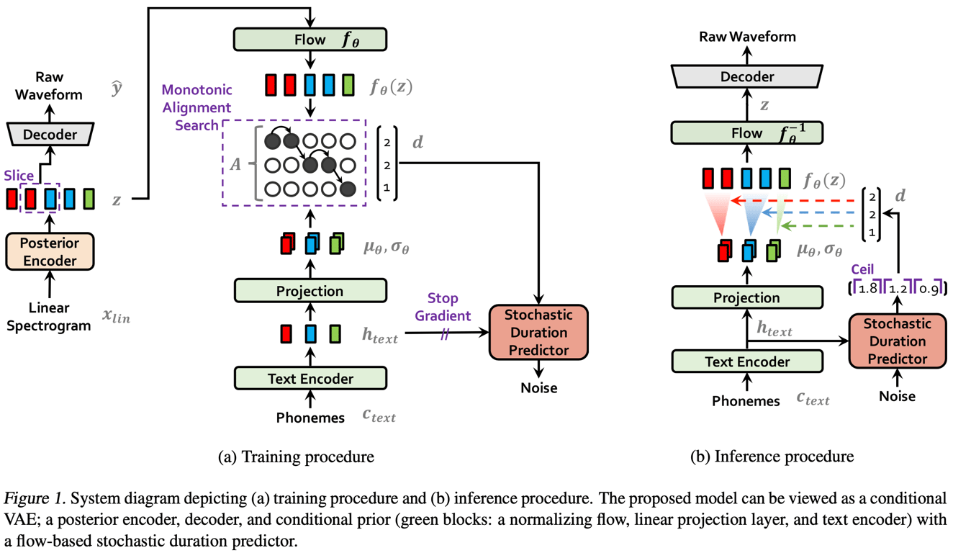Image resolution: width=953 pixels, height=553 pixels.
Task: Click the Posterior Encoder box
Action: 50,251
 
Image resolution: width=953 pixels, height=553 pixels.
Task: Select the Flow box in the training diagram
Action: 310,39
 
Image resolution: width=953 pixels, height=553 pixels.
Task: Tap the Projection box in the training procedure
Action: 310,291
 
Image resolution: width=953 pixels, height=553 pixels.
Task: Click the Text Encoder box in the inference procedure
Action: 746,361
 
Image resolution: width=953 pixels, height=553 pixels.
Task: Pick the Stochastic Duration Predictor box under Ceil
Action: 898,341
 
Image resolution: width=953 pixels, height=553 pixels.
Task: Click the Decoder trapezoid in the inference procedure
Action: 746,76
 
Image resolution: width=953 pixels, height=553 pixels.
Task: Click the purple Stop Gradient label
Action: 443,307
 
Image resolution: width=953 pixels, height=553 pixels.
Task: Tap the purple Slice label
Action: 18,176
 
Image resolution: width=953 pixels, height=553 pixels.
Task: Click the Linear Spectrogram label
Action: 50,317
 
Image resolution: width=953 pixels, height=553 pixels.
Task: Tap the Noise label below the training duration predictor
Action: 539,388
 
